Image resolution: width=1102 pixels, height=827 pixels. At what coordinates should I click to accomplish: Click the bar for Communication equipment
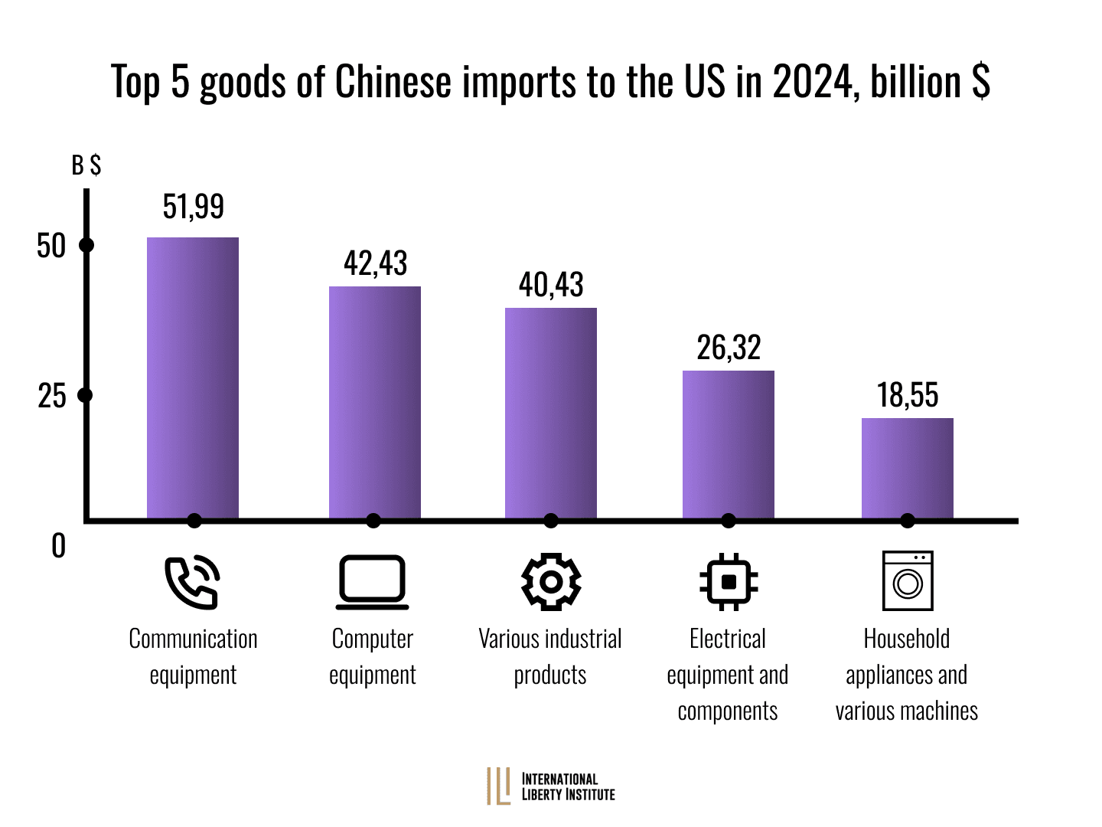pyautogui.click(x=193, y=378)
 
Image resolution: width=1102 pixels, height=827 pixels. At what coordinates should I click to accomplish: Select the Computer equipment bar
pyautogui.click(x=375, y=403)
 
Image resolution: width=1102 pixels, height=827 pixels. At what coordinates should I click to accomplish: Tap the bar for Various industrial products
pyautogui.click(x=551, y=413)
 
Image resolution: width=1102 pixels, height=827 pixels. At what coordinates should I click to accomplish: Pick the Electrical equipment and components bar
pyautogui.click(x=729, y=445)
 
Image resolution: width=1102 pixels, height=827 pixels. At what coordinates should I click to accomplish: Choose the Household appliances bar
pyautogui.click(x=908, y=469)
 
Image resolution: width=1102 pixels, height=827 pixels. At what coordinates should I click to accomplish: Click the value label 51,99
pyautogui.click(x=194, y=207)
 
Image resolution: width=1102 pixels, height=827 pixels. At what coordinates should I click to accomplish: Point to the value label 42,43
pyautogui.click(x=376, y=263)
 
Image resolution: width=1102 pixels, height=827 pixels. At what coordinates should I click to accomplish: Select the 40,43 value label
pyautogui.click(x=551, y=285)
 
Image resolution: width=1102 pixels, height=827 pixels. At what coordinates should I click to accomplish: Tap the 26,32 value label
pyautogui.click(x=729, y=348)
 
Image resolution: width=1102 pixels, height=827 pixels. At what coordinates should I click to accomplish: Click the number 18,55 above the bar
pyautogui.click(x=908, y=395)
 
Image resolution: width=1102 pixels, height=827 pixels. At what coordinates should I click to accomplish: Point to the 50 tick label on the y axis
pyautogui.click(x=52, y=246)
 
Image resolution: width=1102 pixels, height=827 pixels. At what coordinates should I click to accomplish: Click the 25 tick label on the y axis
pyautogui.click(x=52, y=396)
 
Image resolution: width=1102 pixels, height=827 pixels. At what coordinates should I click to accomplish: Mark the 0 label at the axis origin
pyautogui.click(x=58, y=546)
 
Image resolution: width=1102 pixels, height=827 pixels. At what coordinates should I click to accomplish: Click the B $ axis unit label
pyautogui.click(x=86, y=165)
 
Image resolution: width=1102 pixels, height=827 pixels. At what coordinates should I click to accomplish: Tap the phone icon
pyautogui.click(x=193, y=583)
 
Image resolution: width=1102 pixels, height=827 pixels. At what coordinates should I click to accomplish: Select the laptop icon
pyautogui.click(x=373, y=583)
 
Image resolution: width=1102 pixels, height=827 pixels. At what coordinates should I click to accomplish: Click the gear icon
pyautogui.click(x=551, y=582)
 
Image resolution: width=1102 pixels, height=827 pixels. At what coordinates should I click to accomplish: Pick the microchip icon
pyautogui.click(x=729, y=582)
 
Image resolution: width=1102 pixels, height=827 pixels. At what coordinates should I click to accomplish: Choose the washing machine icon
pyautogui.click(x=908, y=580)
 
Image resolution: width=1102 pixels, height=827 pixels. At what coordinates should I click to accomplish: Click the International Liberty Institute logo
pyautogui.click(x=551, y=786)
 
